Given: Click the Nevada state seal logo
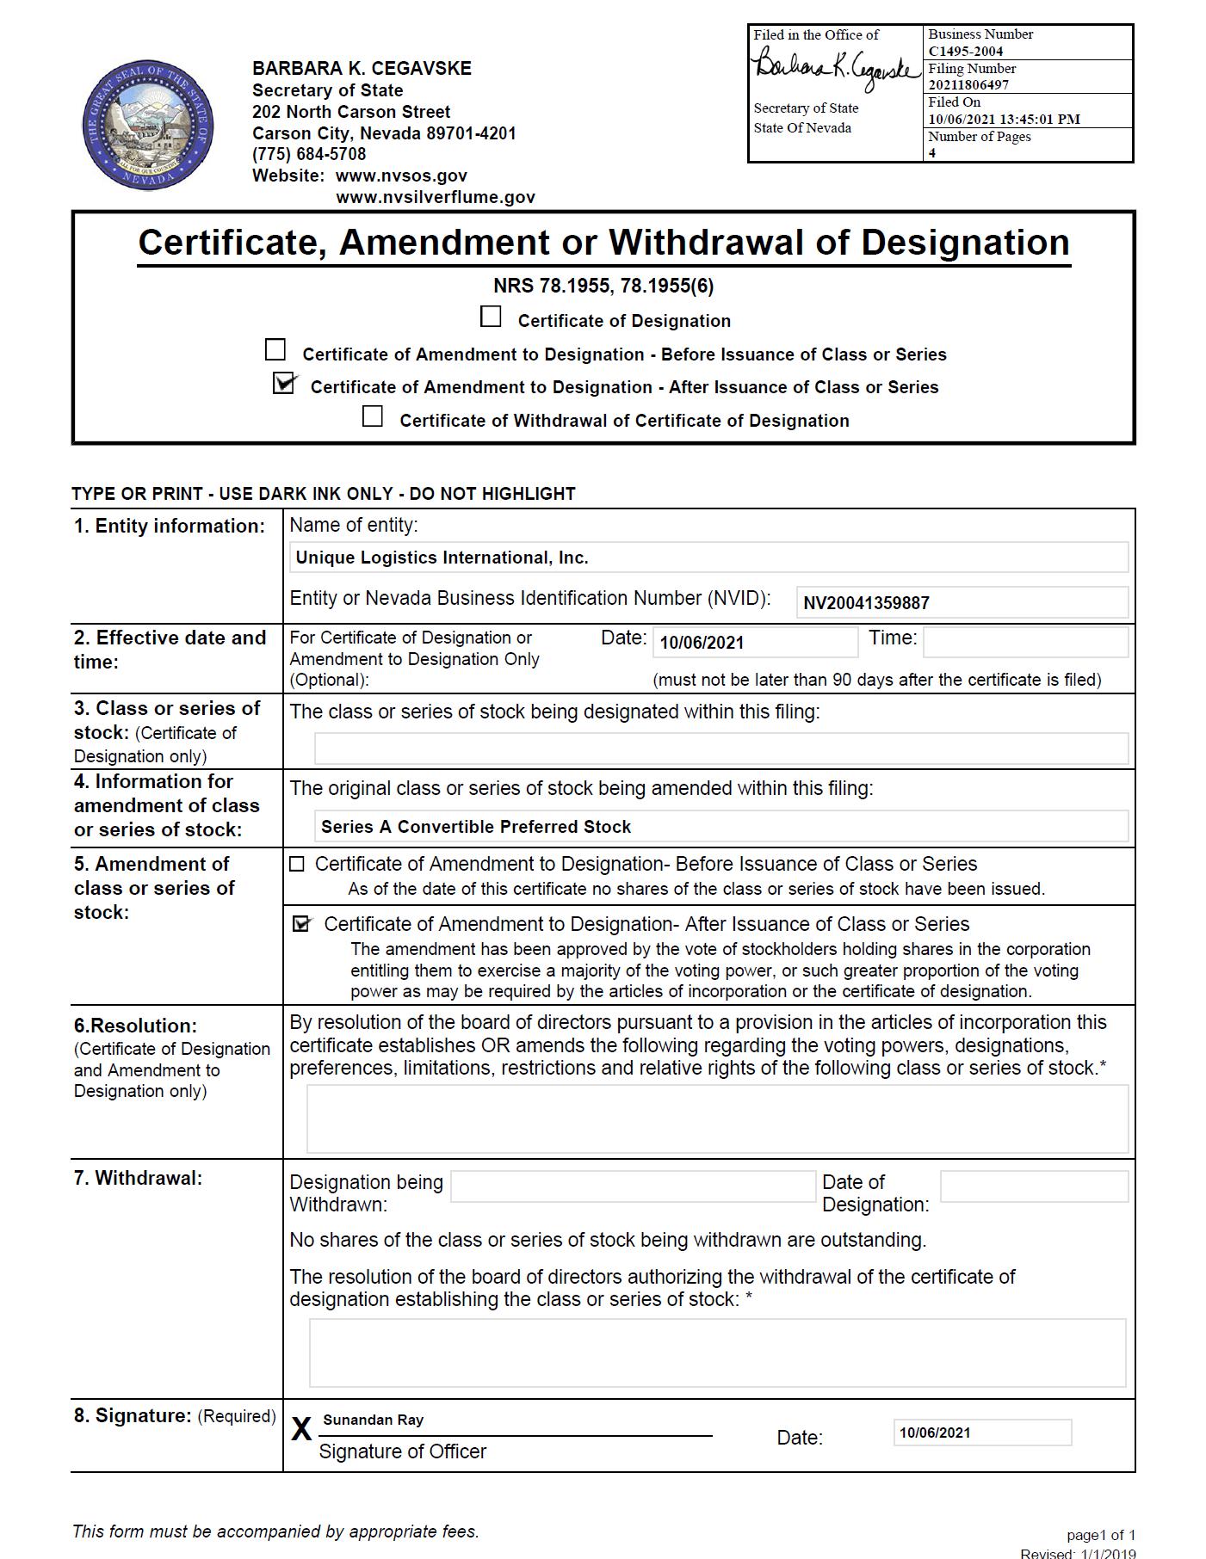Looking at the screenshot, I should pos(147,126).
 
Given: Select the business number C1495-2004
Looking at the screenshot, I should pos(965,51).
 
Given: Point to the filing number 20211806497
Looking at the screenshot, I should pos(968,84).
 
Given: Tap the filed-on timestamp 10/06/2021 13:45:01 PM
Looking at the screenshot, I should pos(1004,119).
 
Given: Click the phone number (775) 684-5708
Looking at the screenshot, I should pos(309,154).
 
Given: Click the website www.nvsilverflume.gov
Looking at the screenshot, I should pos(435,197).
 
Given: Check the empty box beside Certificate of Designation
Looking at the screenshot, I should pos(491,317).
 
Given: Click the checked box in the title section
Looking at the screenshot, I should pos(283,384).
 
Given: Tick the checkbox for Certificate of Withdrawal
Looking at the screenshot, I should pos(373,417).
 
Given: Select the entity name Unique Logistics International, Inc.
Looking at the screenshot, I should pos(442,558).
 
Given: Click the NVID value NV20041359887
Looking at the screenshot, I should pos(866,603).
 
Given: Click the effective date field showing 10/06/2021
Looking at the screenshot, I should pos(754,642).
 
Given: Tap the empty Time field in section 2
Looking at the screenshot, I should pos(1024,642).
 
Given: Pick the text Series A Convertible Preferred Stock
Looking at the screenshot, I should pos(476,827).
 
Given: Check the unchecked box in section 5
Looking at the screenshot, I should pos(297,864).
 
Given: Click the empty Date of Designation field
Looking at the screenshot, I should pos(1033,1186).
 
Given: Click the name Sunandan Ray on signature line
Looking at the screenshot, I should pos(374,1420).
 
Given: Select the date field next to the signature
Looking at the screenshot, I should pos(981,1433).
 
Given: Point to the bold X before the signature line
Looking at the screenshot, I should pos(301,1429).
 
